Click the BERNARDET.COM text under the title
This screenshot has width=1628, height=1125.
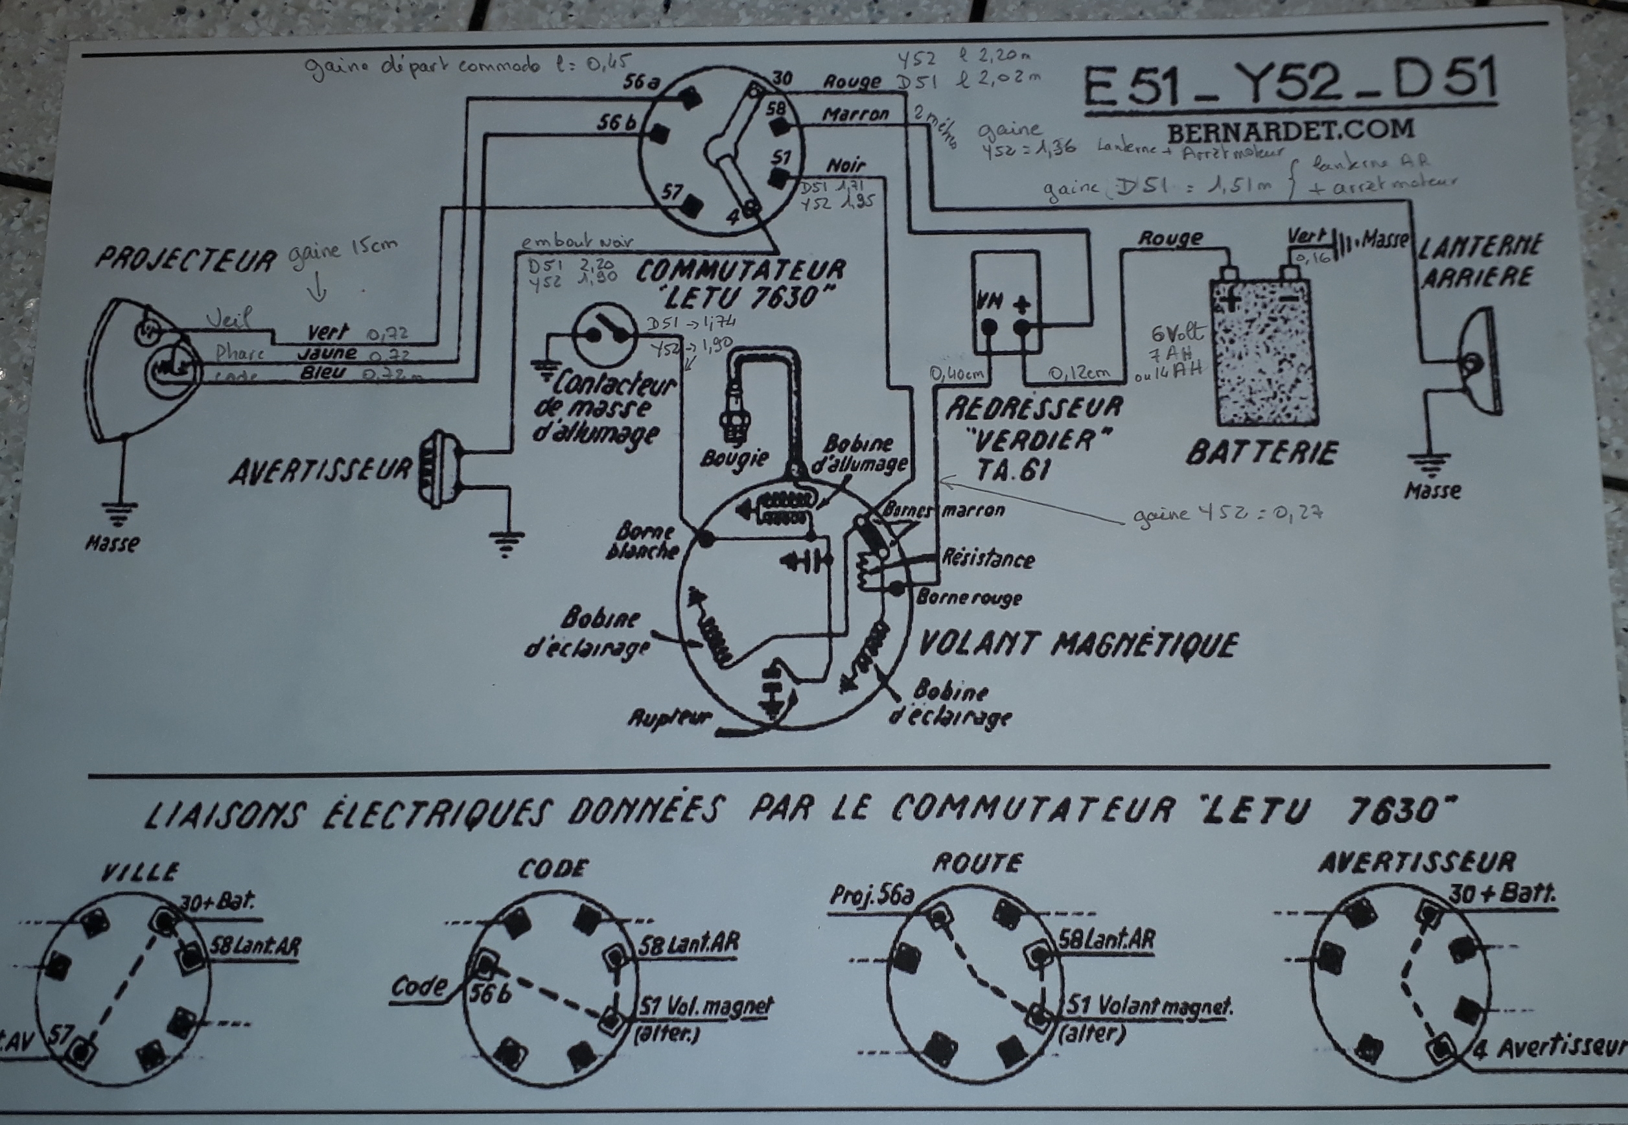[1290, 130]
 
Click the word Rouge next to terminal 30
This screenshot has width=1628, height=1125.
[852, 82]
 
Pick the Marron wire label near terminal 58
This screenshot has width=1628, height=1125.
[855, 113]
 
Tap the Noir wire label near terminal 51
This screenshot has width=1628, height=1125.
[845, 166]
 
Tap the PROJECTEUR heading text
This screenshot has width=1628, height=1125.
[186, 259]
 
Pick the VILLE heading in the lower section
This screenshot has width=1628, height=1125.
[140, 873]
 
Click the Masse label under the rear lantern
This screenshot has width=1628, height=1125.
[1432, 491]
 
